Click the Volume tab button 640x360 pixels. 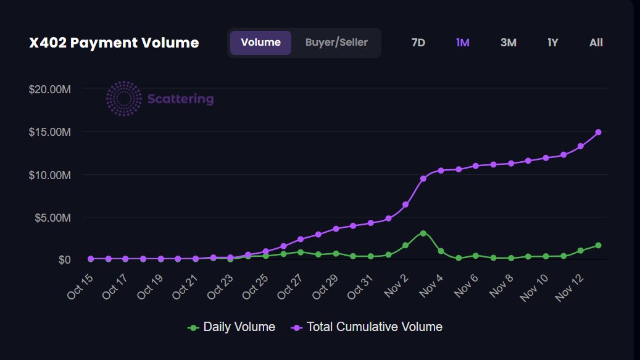pyautogui.click(x=260, y=43)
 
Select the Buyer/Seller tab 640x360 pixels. pyautogui.click(x=336, y=43)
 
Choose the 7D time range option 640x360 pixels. pyautogui.click(x=418, y=43)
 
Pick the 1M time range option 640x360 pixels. pyautogui.click(x=462, y=43)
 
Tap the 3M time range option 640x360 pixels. pyautogui.click(x=508, y=43)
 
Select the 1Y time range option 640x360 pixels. pyautogui.click(x=552, y=43)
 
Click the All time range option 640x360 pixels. pyautogui.click(x=596, y=43)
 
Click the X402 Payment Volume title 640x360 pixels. pyautogui.click(x=114, y=43)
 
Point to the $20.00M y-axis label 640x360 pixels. pyautogui.click(x=50, y=89)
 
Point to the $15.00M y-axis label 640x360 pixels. pyautogui.click(x=50, y=132)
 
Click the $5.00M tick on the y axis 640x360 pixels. pyautogui.click(x=52, y=217)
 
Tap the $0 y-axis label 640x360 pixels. pyautogui.click(x=64, y=260)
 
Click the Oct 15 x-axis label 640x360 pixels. pyautogui.click(x=80, y=287)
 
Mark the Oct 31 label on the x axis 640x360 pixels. pyautogui.click(x=360, y=288)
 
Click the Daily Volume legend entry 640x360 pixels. pyautogui.click(x=231, y=327)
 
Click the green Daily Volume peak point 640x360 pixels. pyautogui.click(x=423, y=233)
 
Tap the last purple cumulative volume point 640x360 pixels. pyautogui.click(x=598, y=132)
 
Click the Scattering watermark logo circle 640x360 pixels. pyautogui.click(x=124, y=98)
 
